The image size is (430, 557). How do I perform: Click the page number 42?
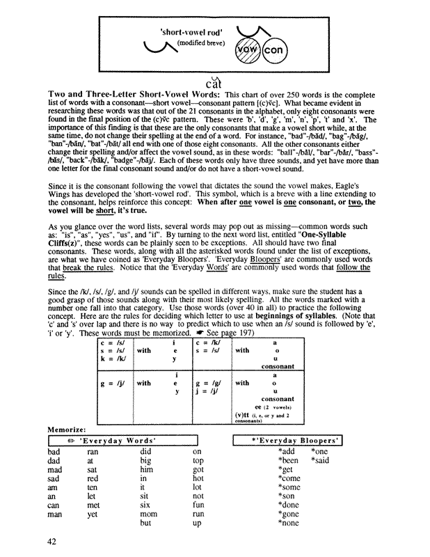click(x=52, y=541)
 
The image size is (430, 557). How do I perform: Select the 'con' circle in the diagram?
click(x=275, y=54)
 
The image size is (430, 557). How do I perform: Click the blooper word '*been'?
click(x=288, y=461)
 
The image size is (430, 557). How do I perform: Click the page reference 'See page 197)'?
click(x=188, y=333)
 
